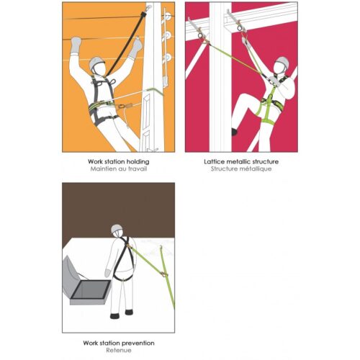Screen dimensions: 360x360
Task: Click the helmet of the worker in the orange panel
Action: [96, 63]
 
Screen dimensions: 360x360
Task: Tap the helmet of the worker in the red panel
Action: [282, 61]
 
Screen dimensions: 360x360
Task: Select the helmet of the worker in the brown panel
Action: [117, 229]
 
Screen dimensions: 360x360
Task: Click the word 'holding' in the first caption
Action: [138, 162]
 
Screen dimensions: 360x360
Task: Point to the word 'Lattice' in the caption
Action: [213, 161]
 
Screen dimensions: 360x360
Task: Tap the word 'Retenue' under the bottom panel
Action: [119, 350]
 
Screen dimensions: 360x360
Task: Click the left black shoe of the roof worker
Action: [114, 316]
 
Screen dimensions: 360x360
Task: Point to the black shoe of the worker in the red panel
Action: [235, 132]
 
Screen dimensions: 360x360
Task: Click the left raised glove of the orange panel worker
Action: [76, 45]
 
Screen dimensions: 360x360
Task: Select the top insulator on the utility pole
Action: [167, 16]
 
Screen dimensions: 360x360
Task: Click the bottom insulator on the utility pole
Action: [167, 58]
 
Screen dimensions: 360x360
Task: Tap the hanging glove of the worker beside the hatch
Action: [108, 273]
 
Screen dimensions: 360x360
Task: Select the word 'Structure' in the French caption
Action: [225, 169]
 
